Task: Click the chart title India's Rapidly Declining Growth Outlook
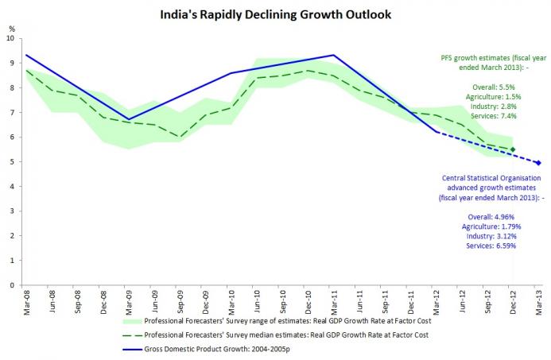click(x=275, y=14)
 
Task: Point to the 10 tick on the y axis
click(x=10, y=38)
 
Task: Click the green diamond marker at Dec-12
click(x=512, y=149)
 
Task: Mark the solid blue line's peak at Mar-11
click(x=333, y=55)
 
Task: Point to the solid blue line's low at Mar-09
click(x=130, y=119)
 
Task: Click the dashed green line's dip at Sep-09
click(x=180, y=137)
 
